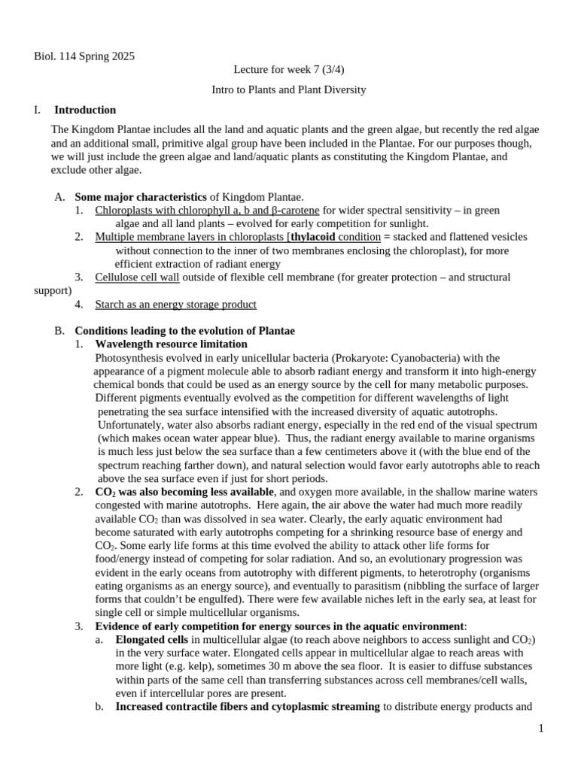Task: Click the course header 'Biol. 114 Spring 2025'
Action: point(85,56)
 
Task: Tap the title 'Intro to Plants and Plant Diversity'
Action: point(288,89)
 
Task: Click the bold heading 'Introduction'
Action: point(85,110)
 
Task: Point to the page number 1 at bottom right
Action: point(540,729)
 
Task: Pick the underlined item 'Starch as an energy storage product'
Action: point(175,305)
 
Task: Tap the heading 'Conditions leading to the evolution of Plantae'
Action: point(184,331)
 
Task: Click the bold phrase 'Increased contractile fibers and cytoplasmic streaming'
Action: point(248,707)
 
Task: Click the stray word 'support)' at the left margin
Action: point(53,290)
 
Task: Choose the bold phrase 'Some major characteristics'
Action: point(140,196)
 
